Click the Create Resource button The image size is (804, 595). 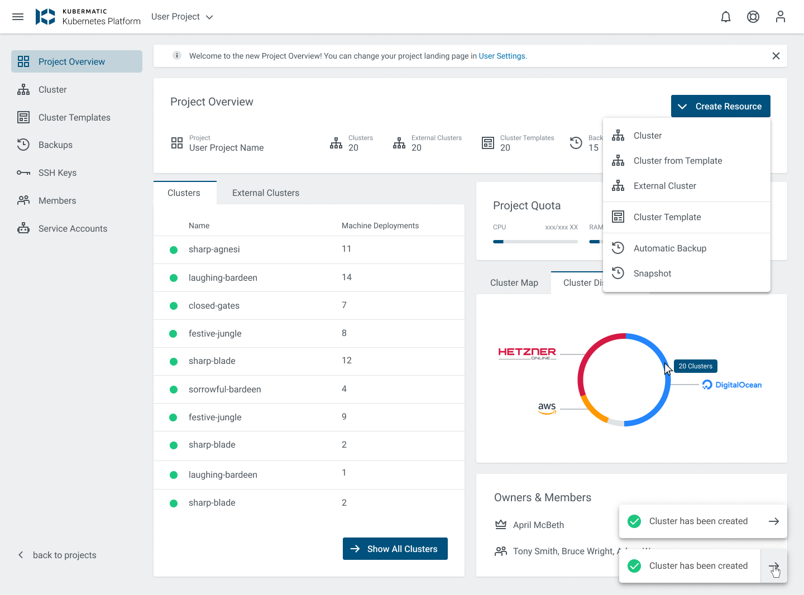pos(720,106)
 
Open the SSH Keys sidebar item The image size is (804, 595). pos(57,173)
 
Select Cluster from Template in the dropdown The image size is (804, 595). pos(677,161)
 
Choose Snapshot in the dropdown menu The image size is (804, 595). pos(652,273)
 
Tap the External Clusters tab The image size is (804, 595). pos(265,193)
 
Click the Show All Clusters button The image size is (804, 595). pos(395,549)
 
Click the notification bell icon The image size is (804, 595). pos(726,17)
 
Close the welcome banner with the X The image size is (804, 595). pos(776,56)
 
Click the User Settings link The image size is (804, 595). pos(502,56)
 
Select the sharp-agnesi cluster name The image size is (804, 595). pos(214,249)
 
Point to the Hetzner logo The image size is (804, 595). pos(527,353)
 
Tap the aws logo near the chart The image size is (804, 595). pos(547,408)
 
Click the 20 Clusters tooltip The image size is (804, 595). pos(695,366)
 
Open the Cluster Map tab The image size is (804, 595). pos(514,283)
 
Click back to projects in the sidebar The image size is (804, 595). pos(64,555)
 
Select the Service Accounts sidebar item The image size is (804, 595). pos(73,229)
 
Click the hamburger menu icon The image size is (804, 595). pos(18,17)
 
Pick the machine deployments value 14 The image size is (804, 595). pos(347,277)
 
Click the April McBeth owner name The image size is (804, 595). pos(538,525)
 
